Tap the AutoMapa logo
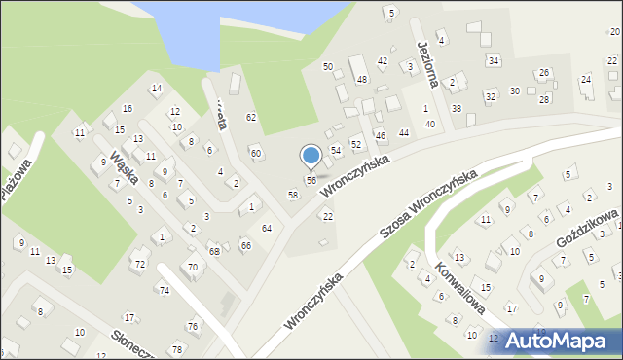[x=563, y=342]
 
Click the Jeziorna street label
[x=424, y=59]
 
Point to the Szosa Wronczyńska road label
[x=427, y=204]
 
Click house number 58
[x=292, y=196]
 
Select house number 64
[x=266, y=228]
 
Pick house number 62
[x=251, y=117]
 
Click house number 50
[x=328, y=66]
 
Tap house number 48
[x=361, y=79]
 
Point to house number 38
[x=457, y=108]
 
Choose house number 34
[x=494, y=61]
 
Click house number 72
[x=140, y=265]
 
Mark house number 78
[x=176, y=349]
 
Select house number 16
[x=128, y=108]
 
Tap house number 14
[x=156, y=89]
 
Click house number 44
[x=404, y=132]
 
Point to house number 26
[x=544, y=73]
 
